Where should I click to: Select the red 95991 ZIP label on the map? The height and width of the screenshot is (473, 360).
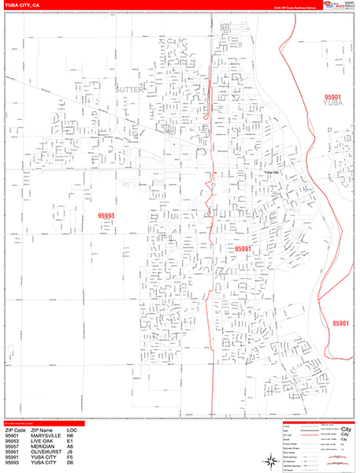[x=243, y=248]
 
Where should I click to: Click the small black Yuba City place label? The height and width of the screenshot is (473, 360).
[x=273, y=171]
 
